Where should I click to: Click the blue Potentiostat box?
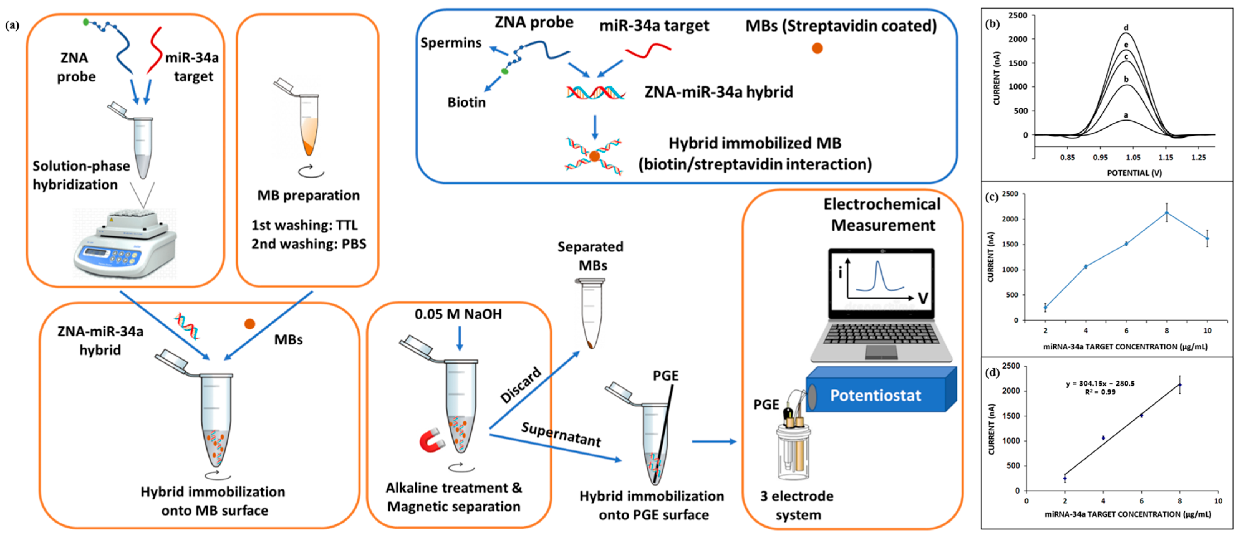click(875, 395)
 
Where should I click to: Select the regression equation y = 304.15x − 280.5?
click(1100, 383)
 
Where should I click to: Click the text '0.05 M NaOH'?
click(458, 314)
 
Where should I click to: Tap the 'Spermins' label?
click(451, 43)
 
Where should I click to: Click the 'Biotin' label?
click(466, 102)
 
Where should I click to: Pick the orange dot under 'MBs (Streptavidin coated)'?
click(817, 48)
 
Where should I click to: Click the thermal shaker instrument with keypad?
click(125, 246)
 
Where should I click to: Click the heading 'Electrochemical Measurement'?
click(882, 215)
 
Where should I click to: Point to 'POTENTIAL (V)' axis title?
click(1134, 173)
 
